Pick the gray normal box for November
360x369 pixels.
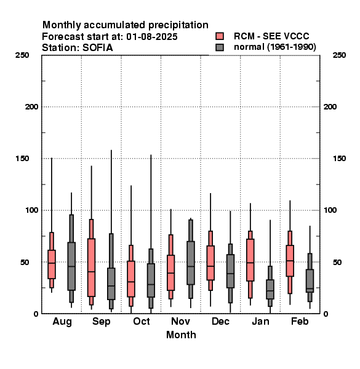[191, 263]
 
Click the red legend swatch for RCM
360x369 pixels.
[220, 36]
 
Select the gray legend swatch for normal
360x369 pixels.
[220, 47]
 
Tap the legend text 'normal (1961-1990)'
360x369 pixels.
[274, 47]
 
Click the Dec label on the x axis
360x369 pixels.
[220, 321]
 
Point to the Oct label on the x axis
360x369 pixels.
[142, 321]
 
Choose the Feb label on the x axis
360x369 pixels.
[300, 321]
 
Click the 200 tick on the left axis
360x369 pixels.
[31, 107]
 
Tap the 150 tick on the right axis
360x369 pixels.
[339, 159]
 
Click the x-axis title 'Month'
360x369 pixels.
[181, 335]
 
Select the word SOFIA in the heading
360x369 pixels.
[97, 48]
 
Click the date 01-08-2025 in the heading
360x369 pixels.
[151, 37]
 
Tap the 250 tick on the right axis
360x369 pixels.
[339, 55]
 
